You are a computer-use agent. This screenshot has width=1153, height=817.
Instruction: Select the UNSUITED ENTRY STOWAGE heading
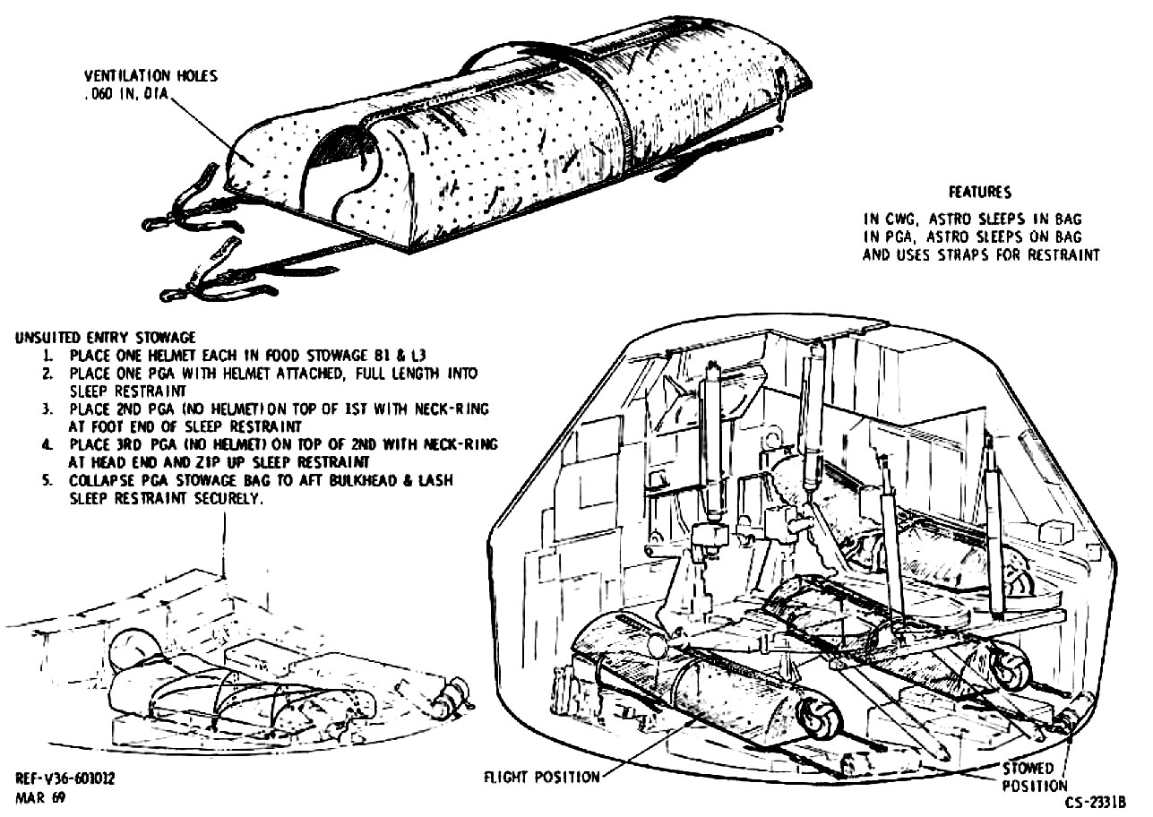click(x=105, y=338)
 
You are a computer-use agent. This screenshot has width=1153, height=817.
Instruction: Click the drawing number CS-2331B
click(x=1095, y=803)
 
